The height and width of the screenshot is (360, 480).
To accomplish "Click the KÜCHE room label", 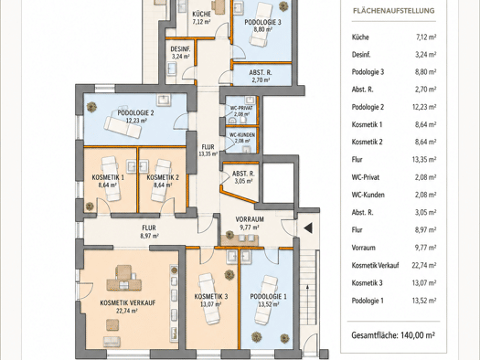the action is (x=201, y=14).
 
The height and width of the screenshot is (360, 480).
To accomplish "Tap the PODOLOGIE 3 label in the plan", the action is (x=262, y=22).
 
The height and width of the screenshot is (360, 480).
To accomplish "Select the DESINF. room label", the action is (x=181, y=49).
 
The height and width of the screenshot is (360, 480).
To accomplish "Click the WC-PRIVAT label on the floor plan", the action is (x=241, y=108).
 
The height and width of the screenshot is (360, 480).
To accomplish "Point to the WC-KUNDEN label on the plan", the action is (x=242, y=135).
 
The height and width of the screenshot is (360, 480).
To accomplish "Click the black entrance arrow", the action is (x=308, y=228).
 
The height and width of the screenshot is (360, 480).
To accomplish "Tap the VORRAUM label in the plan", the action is (x=250, y=219).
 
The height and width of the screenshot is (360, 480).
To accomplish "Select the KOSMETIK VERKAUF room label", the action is (x=128, y=302).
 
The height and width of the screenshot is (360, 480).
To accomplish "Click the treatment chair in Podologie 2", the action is (x=123, y=127).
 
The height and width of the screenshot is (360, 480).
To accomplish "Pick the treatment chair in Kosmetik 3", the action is (x=209, y=299).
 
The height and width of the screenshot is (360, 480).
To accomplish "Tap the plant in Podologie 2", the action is (x=91, y=107).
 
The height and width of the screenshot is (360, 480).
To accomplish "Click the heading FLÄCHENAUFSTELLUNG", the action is (x=394, y=11).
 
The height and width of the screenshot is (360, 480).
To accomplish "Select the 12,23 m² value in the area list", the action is (x=424, y=107).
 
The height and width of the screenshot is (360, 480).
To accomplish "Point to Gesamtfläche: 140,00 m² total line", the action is (x=393, y=335).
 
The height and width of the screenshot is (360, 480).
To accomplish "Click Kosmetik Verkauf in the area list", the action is (x=375, y=265).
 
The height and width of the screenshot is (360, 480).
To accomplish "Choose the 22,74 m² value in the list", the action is (x=424, y=265).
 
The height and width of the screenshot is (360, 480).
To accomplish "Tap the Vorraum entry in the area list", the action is (x=363, y=248).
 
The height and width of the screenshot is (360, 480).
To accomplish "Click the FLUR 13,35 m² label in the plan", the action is (x=208, y=150).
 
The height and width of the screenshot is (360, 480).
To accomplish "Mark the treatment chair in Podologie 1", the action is (x=266, y=300).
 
